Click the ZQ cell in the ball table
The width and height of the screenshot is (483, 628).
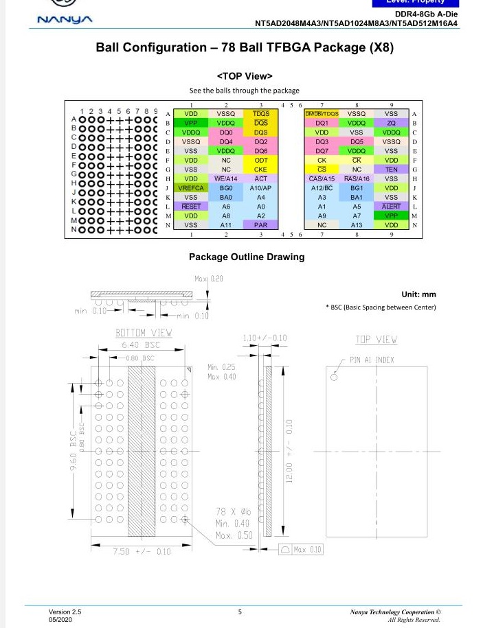point(391,123)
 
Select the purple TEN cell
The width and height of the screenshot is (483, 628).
point(391,170)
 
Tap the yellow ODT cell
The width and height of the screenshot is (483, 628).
point(260,160)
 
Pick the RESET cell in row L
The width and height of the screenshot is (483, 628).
point(191,206)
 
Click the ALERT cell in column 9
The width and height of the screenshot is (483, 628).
point(391,206)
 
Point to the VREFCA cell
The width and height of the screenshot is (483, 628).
point(191,187)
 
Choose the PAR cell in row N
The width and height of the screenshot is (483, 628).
point(260,224)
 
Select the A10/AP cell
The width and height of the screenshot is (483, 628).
point(260,187)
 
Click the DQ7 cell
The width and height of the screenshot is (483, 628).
point(322,150)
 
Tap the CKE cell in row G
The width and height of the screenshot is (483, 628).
point(260,170)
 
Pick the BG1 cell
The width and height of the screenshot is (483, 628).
point(357,187)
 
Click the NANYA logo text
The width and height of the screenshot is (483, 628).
point(65,19)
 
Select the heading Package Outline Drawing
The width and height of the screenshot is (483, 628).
point(247,257)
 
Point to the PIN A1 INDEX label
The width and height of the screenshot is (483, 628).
point(372,360)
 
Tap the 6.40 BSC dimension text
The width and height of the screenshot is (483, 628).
point(141,345)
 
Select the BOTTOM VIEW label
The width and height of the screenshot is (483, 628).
point(143,333)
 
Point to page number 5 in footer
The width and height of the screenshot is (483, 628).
point(240,611)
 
